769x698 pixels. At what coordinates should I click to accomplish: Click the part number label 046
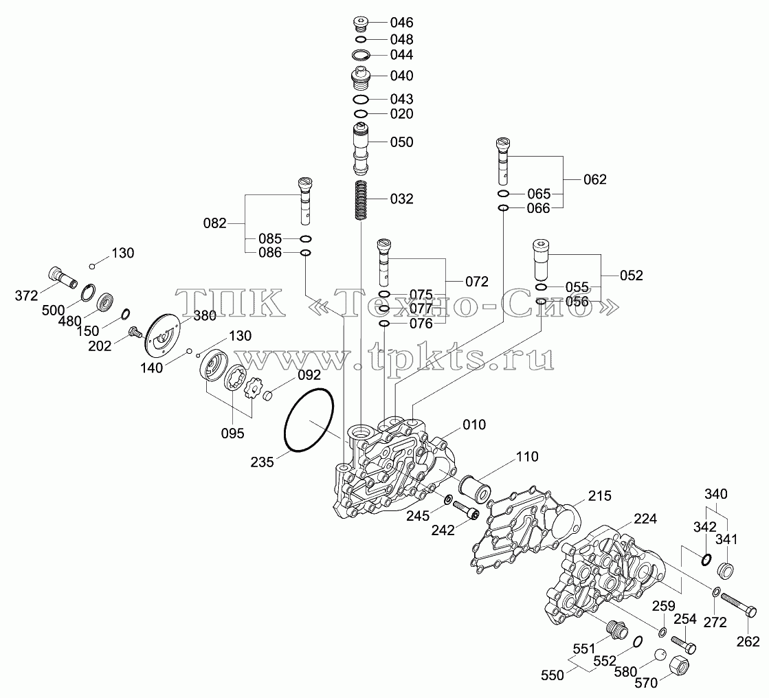tap(401, 23)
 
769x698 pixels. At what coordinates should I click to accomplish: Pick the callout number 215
tap(600, 496)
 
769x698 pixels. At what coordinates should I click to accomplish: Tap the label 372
tap(27, 295)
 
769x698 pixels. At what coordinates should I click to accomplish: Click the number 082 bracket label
tap(215, 223)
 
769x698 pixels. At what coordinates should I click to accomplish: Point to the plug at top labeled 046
tap(361, 24)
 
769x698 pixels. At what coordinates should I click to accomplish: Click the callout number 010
tap(474, 425)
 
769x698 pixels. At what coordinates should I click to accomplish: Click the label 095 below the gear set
tap(232, 434)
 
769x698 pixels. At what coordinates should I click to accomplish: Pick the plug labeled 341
tap(725, 571)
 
